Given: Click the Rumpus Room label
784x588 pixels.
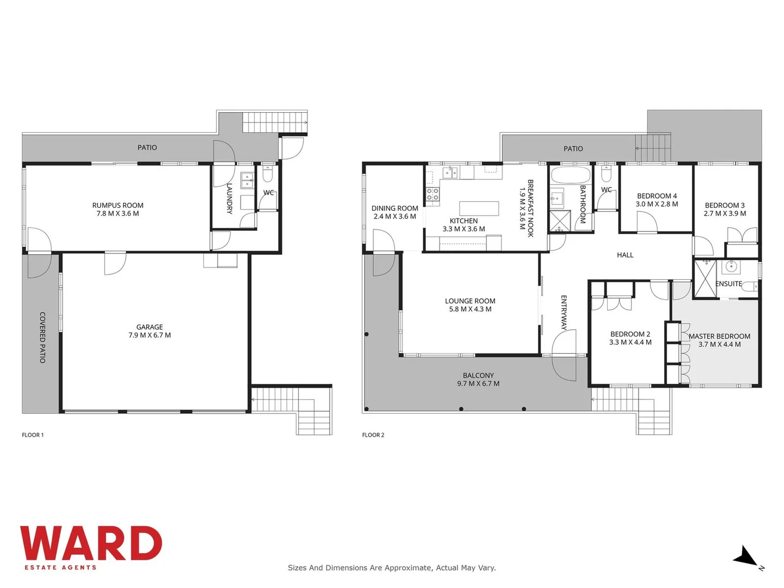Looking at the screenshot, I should click(x=118, y=205).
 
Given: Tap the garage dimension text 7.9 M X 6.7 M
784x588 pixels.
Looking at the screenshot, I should click(x=150, y=335).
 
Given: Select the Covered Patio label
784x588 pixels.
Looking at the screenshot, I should click(x=42, y=337).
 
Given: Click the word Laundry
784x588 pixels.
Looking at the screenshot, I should click(x=229, y=198).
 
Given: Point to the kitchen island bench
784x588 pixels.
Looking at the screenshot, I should click(x=479, y=208).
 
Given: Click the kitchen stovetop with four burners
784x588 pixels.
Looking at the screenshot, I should click(x=433, y=195).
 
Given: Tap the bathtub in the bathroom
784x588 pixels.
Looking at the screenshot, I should click(x=570, y=176).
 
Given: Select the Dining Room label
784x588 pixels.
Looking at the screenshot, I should click(x=395, y=208).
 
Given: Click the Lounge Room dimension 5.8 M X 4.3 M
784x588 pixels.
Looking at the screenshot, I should click(x=470, y=309).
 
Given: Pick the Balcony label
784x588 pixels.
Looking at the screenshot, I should click(x=478, y=375).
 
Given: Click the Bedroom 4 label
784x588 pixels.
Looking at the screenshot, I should click(x=657, y=196).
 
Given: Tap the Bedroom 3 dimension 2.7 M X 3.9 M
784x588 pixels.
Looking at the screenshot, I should click(x=725, y=213).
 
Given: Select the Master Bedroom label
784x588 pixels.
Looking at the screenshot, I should click(x=719, y=336).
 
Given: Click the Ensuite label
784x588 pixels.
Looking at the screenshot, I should click(x=728, y=284).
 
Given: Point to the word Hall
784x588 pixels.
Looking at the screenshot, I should click(x=625, y=255).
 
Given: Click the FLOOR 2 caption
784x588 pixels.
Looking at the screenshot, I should click(x=373, y=435).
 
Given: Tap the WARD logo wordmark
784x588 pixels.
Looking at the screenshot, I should click(x=91, y=543).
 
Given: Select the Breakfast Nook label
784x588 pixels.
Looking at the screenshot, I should click(x=530, y=208).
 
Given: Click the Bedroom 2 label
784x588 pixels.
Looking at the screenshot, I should click(x=630, y=334).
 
